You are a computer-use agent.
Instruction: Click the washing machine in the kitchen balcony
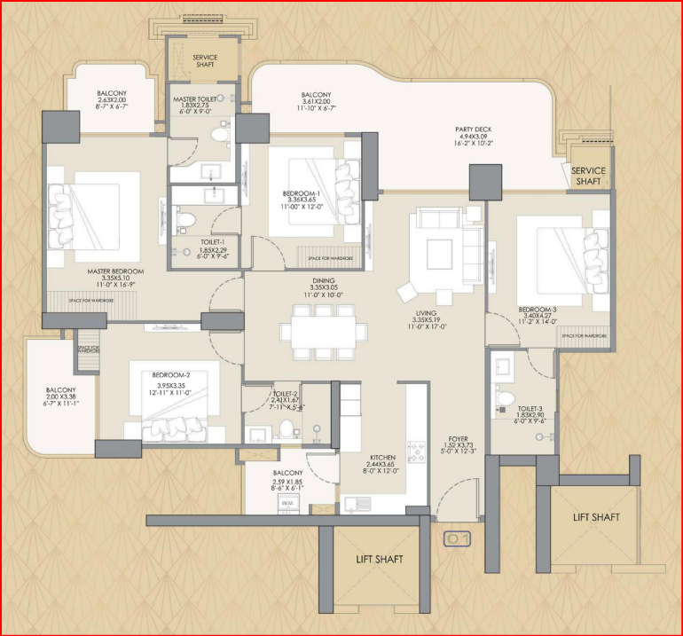tap(287, 503)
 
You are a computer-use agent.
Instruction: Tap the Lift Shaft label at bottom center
tap(379, 559)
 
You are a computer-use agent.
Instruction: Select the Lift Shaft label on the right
tap(596, 517)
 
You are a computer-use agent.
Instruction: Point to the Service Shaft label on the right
tap(588, 176)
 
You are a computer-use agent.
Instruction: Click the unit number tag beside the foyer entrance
tap(458, 538)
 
